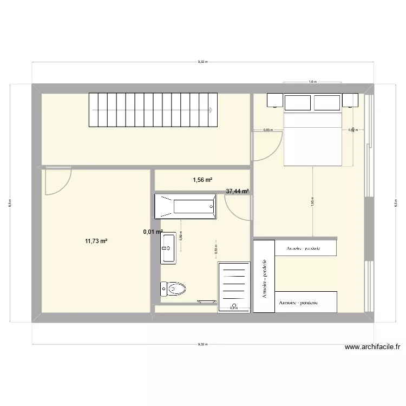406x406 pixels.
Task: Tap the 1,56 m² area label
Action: pyautogui.click(x=202, y=180)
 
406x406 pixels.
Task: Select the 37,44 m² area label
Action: pyautogui.click(x=237, y=191)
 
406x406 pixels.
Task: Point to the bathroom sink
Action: pyautogui.click(x=168, y=248)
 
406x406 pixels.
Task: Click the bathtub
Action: pyautogui.click(x=186, y=206)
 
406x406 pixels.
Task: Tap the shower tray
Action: pyautogui.click(x=234, y=287)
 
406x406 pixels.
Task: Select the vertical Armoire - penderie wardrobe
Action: pyautogui.click(x=264, y=276)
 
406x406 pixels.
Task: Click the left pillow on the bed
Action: pyautogui.click(x=298, y=102)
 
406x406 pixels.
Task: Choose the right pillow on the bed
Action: pyautogui.click(x=328, y=102)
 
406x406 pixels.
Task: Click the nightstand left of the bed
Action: pyautogui.click(x=274, y=100)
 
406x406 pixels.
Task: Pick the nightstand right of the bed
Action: pyautogui.click(x=350, y=100)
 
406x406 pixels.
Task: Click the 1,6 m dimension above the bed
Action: pyautogui.click(x=312, y=82)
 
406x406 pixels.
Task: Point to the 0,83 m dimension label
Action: pyautogui.click(x=268, y=130)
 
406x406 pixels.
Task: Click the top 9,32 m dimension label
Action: pyautogui.click(x=202, y=62)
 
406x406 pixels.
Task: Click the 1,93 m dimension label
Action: pyautogui.click(x=313, y=201)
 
